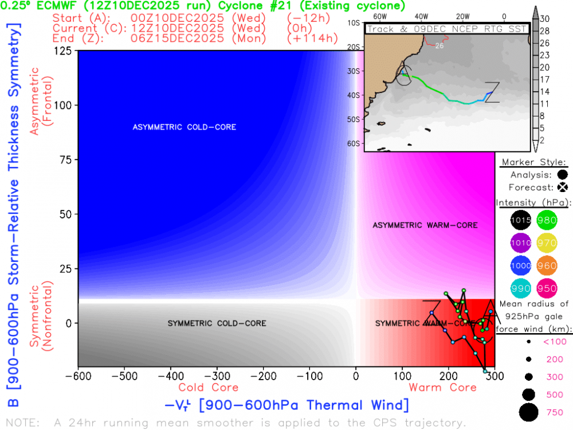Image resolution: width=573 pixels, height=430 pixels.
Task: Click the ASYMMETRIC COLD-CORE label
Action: (x=184, y=127)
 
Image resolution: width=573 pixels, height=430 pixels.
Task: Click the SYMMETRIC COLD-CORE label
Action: (x=217, y=323)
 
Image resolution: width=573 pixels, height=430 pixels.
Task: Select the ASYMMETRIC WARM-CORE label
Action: (x=425, y=225)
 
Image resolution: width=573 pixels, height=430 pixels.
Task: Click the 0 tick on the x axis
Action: (x=356, y=377)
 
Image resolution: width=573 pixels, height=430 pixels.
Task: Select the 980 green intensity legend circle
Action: (x=547, y=220)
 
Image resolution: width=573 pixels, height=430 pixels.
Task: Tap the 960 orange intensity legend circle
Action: (x=547, y=265)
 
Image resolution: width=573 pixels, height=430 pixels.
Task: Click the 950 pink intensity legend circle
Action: (x=547, y=288)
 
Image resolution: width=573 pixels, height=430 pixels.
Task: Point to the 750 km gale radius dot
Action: (x=528, y=412)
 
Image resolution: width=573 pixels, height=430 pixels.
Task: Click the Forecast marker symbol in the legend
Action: (x=563, y=187)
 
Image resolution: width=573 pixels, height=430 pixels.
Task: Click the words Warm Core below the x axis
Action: (x=442, y=388)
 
